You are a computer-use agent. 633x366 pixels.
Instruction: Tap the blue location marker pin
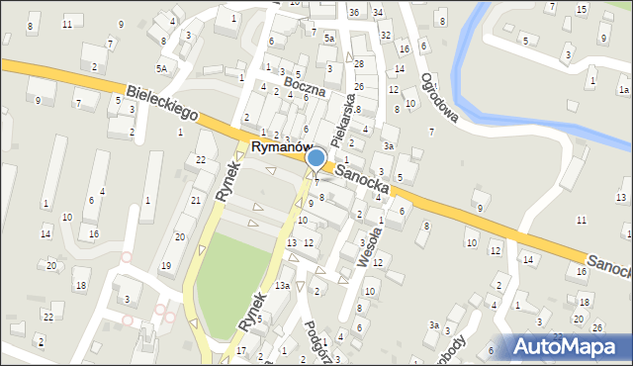[316, 158]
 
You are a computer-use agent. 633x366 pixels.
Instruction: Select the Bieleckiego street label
[162, 103]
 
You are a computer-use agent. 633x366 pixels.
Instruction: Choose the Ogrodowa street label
[438, 99]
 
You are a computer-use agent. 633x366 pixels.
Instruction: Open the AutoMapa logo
[567, 346]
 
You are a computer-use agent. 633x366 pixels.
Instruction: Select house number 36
[354, 12]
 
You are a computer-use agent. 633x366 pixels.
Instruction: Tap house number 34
[378, 12]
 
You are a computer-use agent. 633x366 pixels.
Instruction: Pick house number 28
[359, 63]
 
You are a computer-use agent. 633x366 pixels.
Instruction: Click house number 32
[386, 35]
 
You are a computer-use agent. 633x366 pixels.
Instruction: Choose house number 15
[582, 9]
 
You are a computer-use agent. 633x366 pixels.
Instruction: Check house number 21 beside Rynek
[195, 200]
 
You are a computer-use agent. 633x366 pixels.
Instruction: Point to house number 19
[166, 266]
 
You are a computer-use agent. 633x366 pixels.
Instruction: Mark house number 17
[241, 351]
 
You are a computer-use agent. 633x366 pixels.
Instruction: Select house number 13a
[283, 285]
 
